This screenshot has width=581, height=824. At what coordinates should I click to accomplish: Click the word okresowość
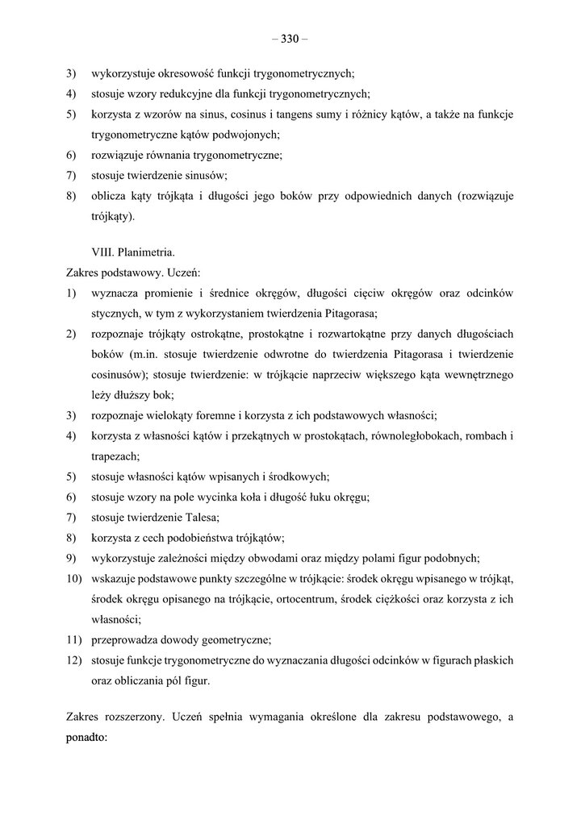coord(184,72)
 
